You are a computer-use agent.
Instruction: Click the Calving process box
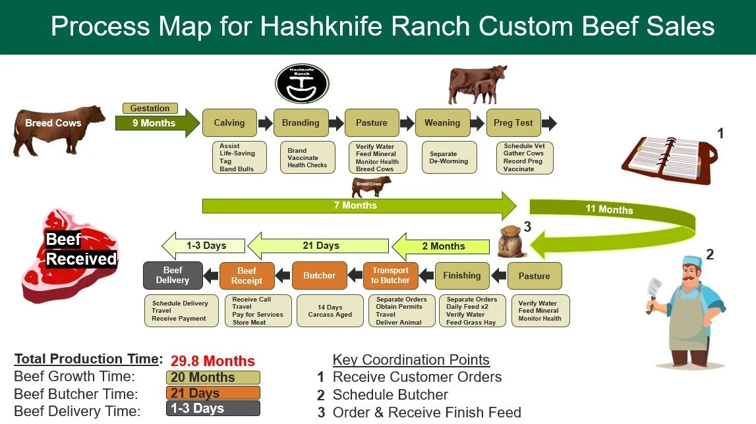pos(229,123)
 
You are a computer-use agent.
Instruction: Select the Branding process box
pos(301,123)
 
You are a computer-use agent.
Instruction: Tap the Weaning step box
pos(442,123)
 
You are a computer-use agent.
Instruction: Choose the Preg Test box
pos(513,123)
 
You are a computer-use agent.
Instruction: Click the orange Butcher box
pos(320,276)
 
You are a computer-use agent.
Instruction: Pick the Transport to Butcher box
pos(391,276)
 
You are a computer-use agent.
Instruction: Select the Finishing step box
pos(462,276)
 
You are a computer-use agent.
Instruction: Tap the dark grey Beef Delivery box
pos(173,276)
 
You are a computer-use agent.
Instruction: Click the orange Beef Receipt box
pos(247,276)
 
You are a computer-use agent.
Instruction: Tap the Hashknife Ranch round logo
pos(302,84)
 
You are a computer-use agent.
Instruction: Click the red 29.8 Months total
pos(212,361)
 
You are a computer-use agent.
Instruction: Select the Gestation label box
pos(150,108)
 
